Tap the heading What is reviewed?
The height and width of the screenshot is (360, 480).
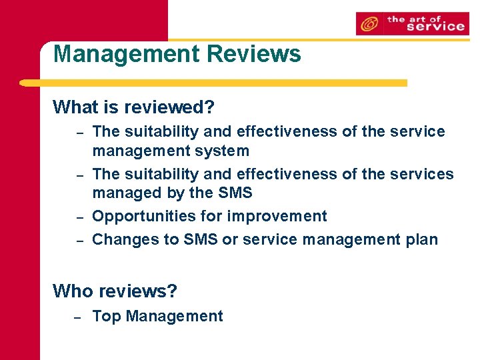(x=133, y=107)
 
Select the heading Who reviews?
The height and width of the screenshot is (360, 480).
(x=115, y=291)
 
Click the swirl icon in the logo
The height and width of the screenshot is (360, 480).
(x=368, y=25)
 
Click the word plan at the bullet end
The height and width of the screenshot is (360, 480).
(x=421, y=239)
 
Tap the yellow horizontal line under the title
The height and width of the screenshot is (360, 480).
(x=213, y=83)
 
